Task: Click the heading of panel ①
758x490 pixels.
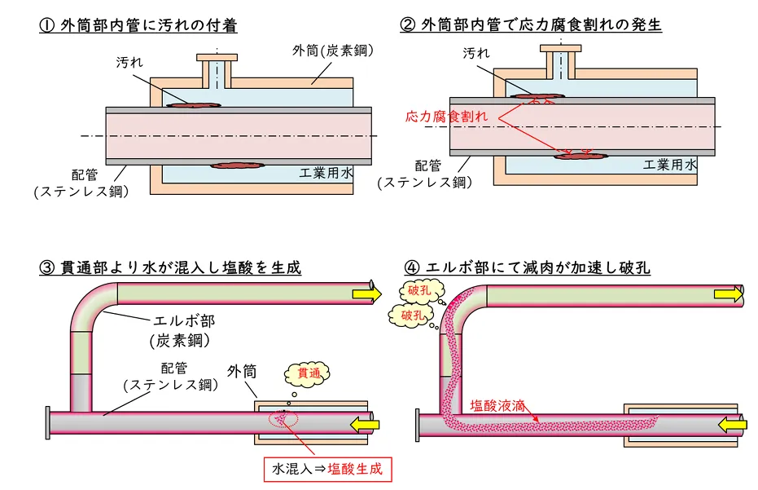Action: click(x=138, y=25)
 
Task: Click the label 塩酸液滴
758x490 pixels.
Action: click(x=498, y=404)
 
